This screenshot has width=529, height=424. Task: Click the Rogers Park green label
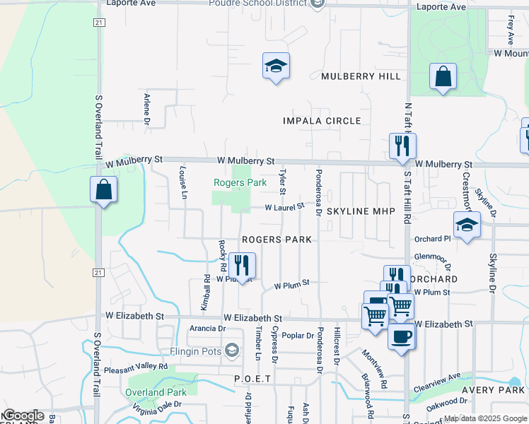(240, 182)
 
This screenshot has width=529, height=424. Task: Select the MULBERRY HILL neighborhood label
(360, 76)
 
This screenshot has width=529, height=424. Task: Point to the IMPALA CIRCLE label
(322, 121)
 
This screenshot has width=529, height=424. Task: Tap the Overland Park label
(156, 392)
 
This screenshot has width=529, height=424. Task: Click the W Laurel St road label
(284, 207)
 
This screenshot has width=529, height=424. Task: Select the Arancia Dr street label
(207, 329)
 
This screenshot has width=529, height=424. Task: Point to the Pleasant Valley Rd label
(136, 367)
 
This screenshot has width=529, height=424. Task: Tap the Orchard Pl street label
(433, 239)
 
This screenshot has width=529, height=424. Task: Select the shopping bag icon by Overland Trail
(104, 190)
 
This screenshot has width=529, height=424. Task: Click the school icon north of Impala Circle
(276, 66)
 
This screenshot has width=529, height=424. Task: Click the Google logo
(23, 416)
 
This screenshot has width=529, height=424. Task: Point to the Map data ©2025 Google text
(485, 418)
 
